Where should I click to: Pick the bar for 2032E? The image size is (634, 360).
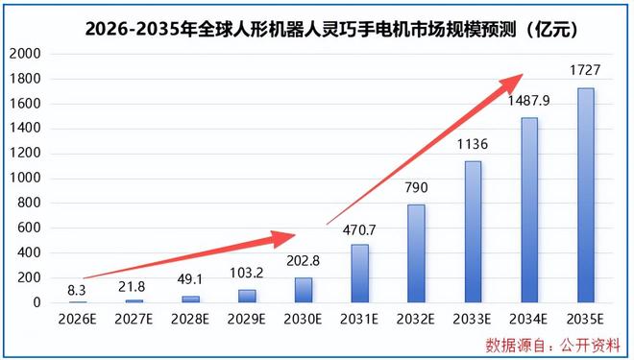coord(416,253)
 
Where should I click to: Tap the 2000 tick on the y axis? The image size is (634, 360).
coord(25,54)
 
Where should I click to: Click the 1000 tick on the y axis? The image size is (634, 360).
coord(25,179)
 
